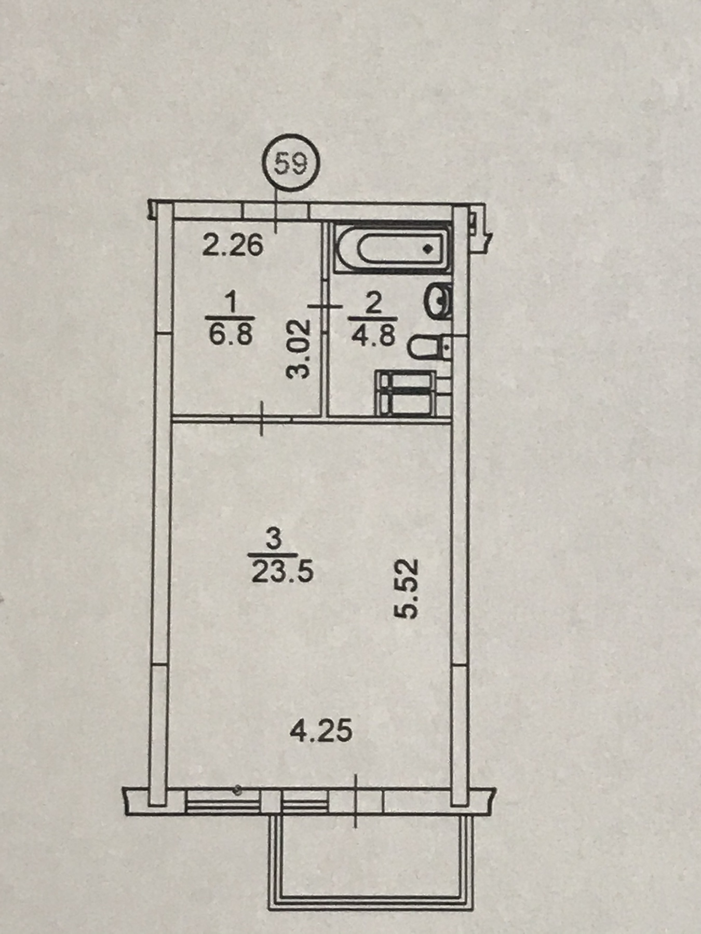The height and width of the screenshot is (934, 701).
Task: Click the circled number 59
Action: click(x=291, y=164)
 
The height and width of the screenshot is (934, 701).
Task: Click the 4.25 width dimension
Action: click(x=321, y=731)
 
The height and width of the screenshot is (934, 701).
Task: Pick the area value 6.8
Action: click(x=231, y=334)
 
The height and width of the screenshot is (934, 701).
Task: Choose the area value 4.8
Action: click(x=373, y=335)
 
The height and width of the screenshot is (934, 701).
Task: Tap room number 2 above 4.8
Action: click(x=373, y=302)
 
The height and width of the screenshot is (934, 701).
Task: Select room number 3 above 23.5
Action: click(x=273, y=539)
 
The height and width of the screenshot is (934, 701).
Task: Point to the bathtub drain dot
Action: click(x=427, y=249)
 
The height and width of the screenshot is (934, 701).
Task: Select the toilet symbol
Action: click(x=425, y=348)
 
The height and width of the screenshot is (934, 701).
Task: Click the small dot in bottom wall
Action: click(x=237, y=790)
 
